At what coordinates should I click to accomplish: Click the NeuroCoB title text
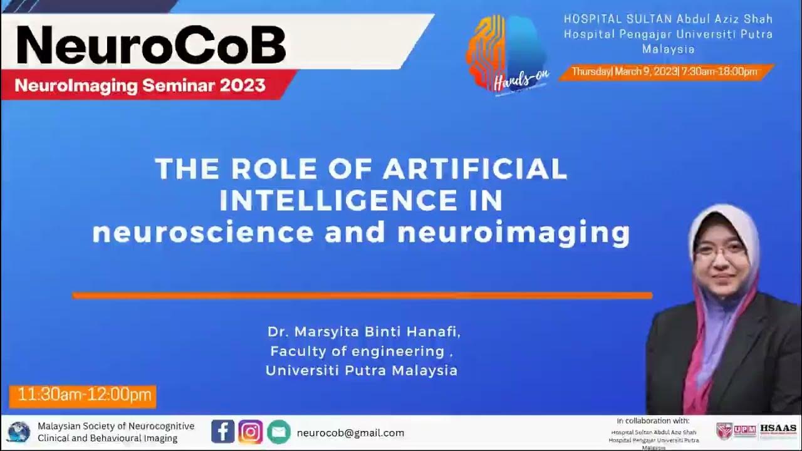(150, 45)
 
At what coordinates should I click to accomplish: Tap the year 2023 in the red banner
(242, 86)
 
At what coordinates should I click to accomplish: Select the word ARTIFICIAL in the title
(476, 169)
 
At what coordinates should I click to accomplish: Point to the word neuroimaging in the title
(513, 233)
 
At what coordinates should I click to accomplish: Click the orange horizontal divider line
(362, 295)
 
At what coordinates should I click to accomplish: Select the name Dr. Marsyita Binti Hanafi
(363, 331)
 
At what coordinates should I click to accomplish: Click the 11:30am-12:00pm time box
(83, 395)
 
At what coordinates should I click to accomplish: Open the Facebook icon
(222, 432)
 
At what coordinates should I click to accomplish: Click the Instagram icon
(251, 432)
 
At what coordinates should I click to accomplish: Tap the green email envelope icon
(279, 432)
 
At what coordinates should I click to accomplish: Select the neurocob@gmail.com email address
(350, 433)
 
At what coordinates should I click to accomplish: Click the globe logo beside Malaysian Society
(19, 432)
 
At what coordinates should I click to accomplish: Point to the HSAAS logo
(778, 430)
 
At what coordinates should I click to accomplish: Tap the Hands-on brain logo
(506, 56)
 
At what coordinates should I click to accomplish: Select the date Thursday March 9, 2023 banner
(665, 71)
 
